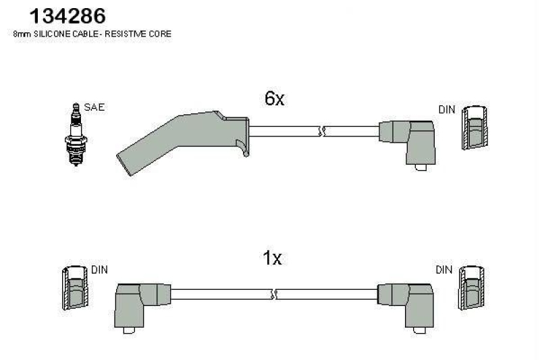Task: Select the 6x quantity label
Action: (275, 99)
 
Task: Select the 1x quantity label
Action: (272, 259)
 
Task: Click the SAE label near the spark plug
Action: (94, 107)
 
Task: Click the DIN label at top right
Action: (446, 109)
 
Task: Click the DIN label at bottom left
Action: (99, 270)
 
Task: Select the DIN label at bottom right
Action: (443, 270)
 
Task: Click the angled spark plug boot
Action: (182, 140)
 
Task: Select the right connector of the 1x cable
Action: (406, 303)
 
